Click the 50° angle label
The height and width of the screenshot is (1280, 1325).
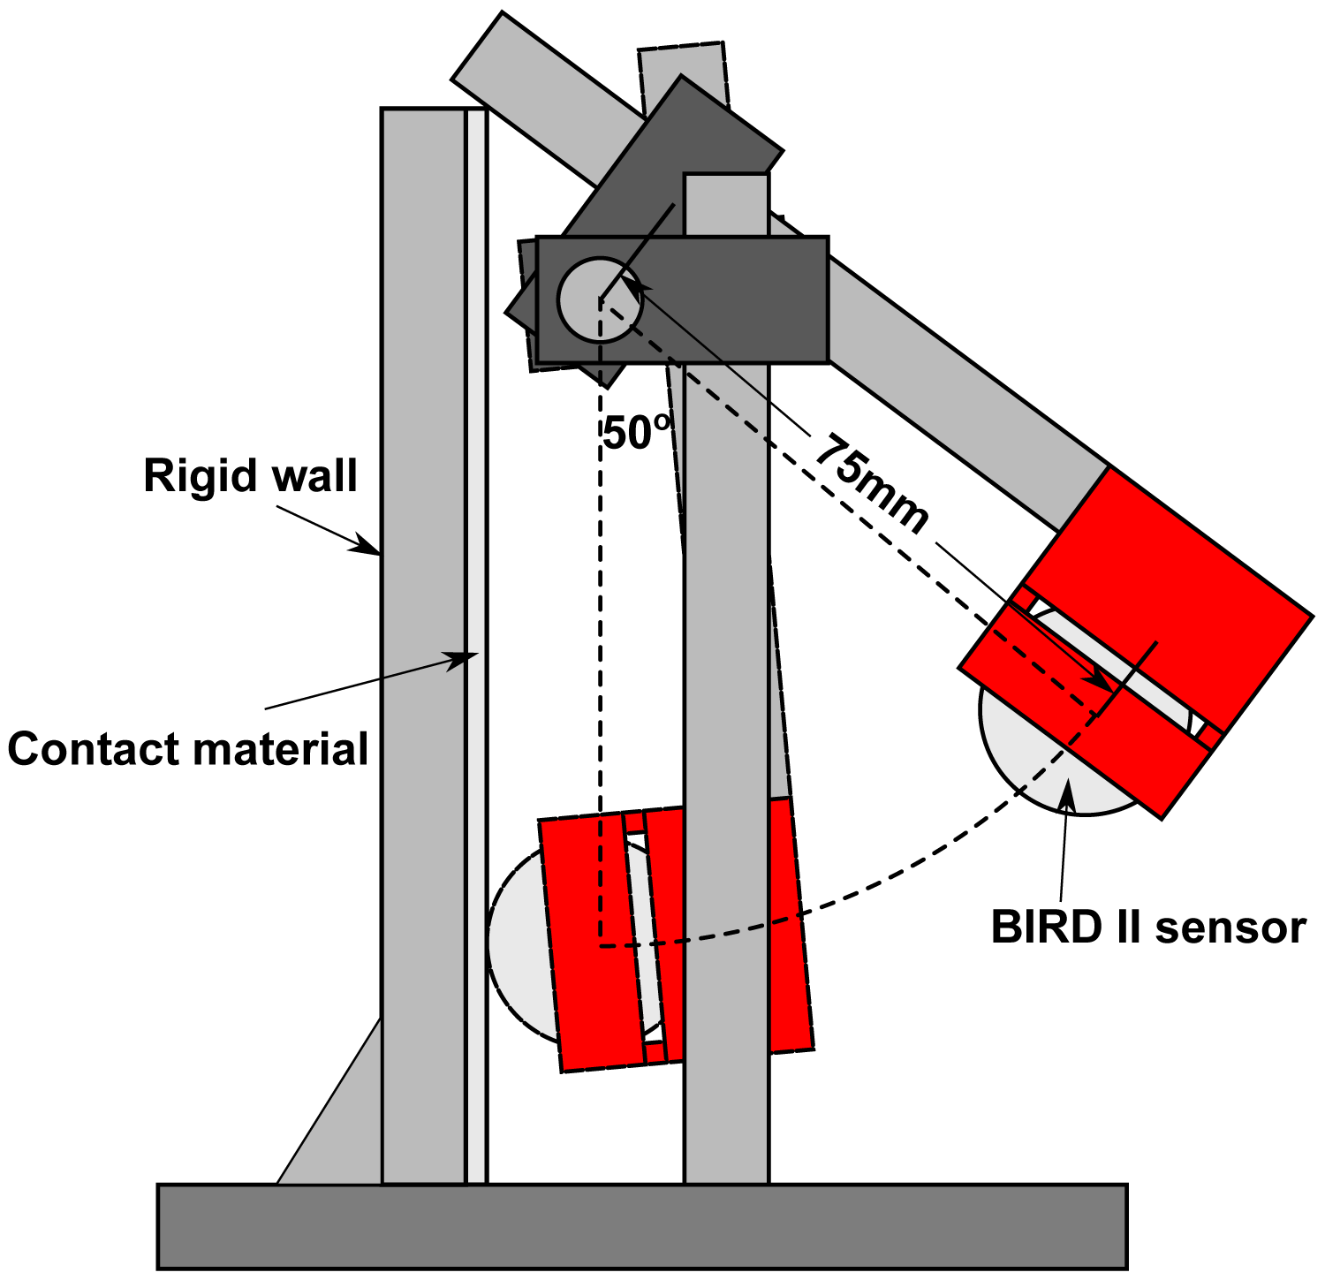tap(638, 433)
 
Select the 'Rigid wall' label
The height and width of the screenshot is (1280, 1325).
tap(250, 476)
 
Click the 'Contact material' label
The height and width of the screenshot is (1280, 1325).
tap(187, 749)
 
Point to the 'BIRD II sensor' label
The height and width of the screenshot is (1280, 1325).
tap(1147, 928)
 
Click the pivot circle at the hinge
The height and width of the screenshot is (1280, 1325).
tap(599, 300)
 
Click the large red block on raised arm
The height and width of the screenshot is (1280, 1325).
tap(1175, 601)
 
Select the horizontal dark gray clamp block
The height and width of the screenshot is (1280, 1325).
tap(724, 300)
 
